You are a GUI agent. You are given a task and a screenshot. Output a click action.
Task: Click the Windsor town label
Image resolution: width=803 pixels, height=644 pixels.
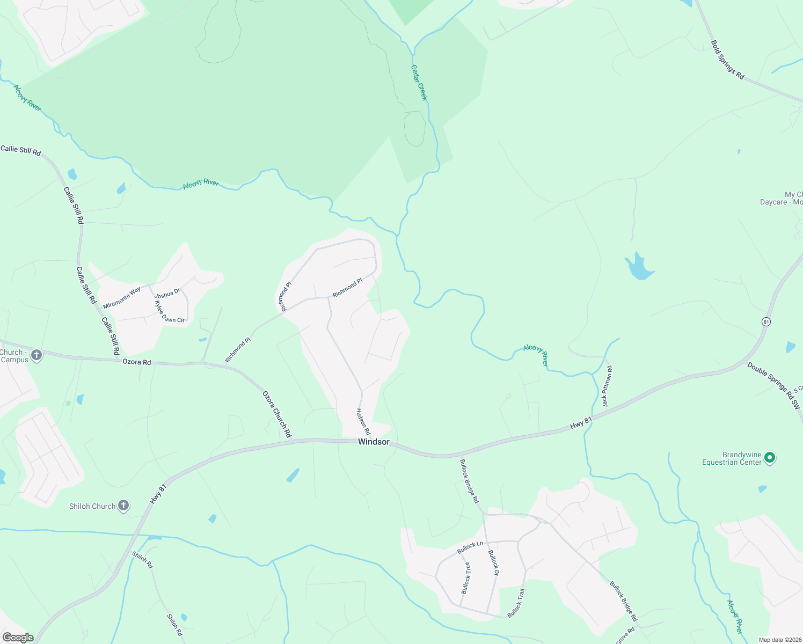(x=374, y=442)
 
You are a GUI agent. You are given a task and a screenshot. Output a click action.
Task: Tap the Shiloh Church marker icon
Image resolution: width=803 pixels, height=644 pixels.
(x=123, y=506)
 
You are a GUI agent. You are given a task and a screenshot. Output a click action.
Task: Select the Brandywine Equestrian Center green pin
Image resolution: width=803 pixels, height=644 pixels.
(x=769, y=458)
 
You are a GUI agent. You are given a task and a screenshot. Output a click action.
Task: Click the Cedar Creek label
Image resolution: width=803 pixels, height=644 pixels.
(x=419, y=83)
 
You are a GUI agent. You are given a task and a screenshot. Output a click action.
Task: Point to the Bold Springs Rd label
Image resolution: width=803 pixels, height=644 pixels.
(x=727, y=60)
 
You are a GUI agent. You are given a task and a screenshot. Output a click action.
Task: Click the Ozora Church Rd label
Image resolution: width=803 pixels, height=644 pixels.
(x=277, y=414)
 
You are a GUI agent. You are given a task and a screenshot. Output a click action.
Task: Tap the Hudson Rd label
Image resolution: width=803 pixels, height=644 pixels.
(x=363, y=421)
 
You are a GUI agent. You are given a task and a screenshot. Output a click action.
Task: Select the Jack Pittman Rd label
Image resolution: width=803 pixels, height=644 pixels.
(x=607, y=386)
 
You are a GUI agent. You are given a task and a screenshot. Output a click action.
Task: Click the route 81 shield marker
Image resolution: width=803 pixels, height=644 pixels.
(x=766, y=321)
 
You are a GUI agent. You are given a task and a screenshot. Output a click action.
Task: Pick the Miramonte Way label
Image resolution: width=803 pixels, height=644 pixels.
(x=122, y=297)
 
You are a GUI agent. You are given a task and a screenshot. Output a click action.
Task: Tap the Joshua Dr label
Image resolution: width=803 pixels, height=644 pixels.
(x=167, y=294)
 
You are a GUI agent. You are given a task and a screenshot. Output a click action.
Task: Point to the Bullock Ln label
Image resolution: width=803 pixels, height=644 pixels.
(x=470, y=547)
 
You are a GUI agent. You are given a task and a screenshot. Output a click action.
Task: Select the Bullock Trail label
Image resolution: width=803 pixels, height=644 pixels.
(x=516, y=603)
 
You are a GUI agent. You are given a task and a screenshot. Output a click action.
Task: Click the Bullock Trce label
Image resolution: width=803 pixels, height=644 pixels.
(x=465, y=577)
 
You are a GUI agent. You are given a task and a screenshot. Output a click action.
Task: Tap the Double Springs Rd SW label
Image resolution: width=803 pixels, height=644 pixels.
(x=773, y=386)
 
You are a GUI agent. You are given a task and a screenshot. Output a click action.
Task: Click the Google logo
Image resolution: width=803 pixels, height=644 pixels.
(x=18, y=638)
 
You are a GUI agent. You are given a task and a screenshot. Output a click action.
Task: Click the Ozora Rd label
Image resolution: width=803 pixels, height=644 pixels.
(x=137, y=362)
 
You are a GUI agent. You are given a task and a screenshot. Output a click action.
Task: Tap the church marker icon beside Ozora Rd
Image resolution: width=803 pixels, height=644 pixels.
(x=36, y=355)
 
